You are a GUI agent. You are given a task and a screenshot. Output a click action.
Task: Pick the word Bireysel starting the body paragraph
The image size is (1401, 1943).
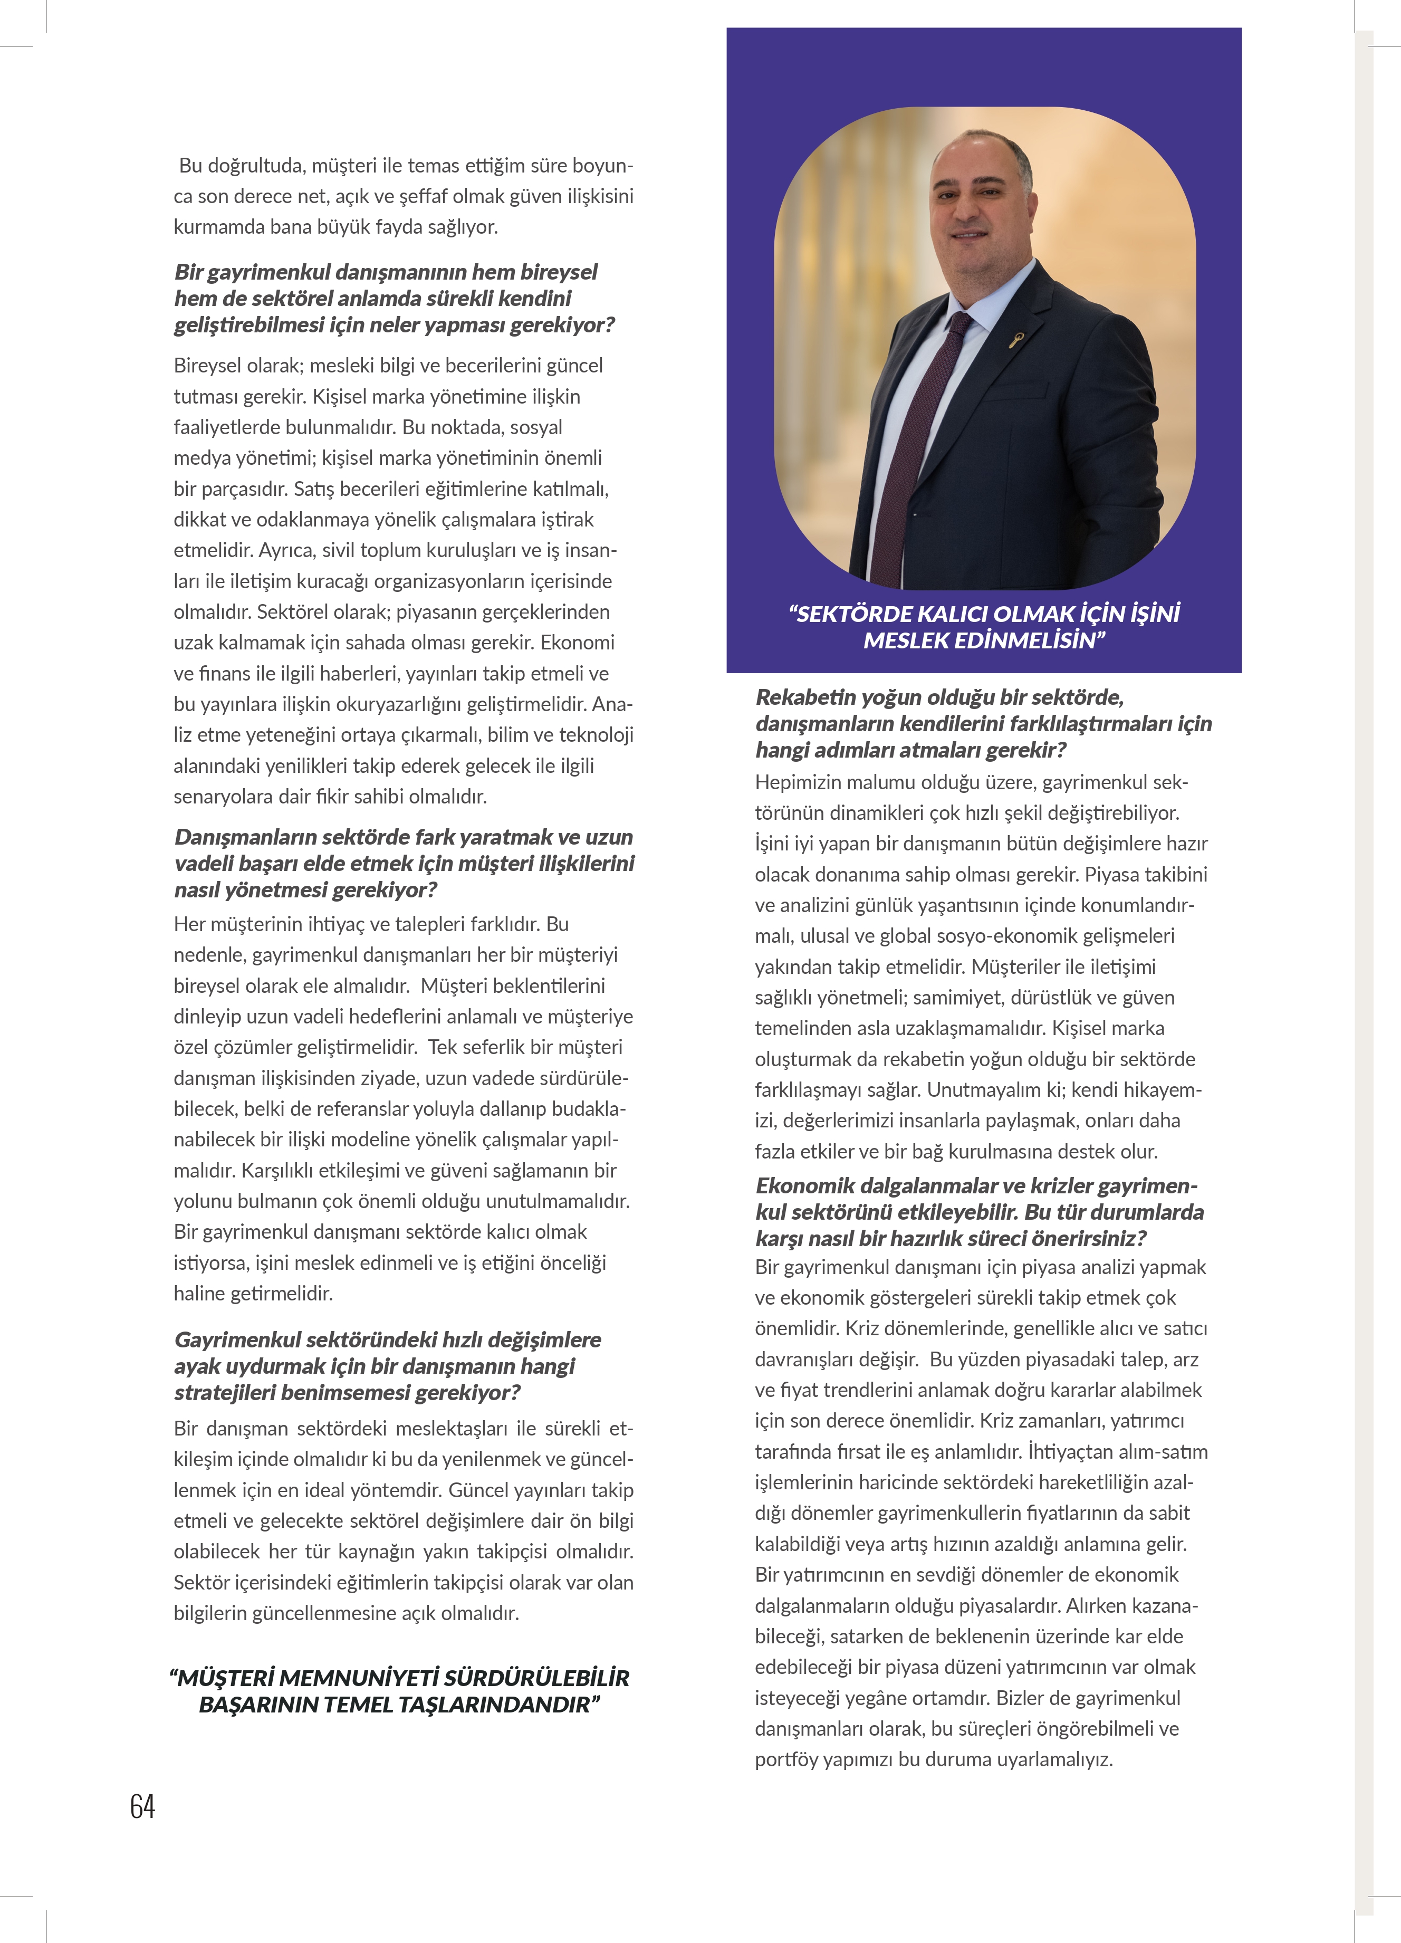click(210, 366)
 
